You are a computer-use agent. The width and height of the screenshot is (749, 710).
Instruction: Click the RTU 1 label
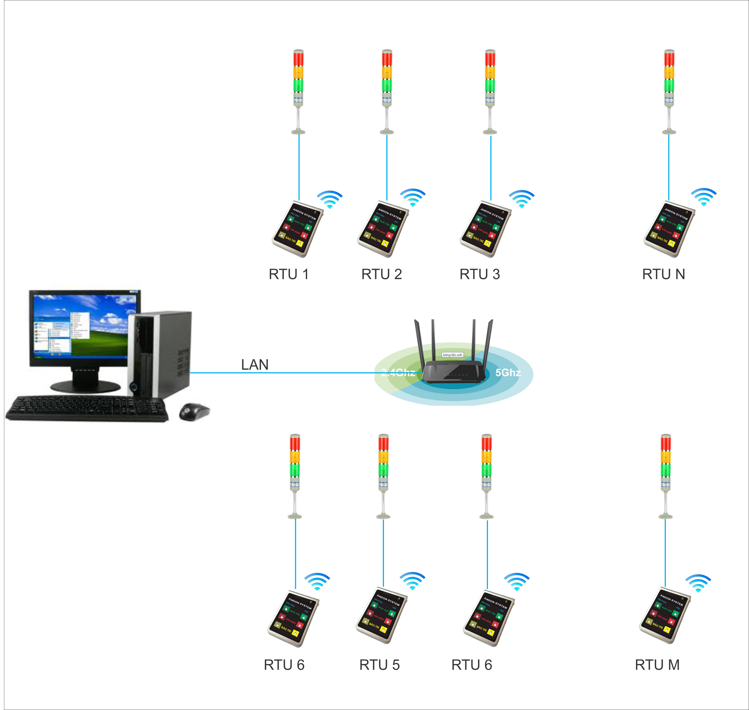click(x=288, y=274)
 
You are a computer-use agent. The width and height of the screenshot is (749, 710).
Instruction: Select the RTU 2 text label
click(x=382, y=274)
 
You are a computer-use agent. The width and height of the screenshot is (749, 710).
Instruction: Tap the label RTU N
click(x=663, y=274)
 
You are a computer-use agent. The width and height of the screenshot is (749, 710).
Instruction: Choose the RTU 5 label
click(x=379, y=665)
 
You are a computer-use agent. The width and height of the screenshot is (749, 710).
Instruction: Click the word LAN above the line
click(x=255, y=364)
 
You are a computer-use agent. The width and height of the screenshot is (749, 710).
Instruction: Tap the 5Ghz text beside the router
click(x=508, y=373)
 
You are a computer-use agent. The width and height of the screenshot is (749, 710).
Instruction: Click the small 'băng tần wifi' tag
click(x=452, y=355)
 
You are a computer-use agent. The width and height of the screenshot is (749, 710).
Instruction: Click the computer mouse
click(x=194, y=411)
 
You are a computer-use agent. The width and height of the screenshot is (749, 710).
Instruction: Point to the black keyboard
click(x=87, y=409)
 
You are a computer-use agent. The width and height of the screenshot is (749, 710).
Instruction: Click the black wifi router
click(x=453, y=371)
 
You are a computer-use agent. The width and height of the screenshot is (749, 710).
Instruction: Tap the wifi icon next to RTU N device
click(x=704, y=197)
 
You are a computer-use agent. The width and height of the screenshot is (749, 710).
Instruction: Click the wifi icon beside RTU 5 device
click(x=413, y=581)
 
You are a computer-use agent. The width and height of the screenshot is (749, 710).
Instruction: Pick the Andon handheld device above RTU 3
click(x=485, y=229)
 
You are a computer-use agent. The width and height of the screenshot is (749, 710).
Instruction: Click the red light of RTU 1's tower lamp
click(x=298, y=59)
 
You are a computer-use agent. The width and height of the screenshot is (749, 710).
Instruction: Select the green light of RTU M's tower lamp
click(x=665, y=470)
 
